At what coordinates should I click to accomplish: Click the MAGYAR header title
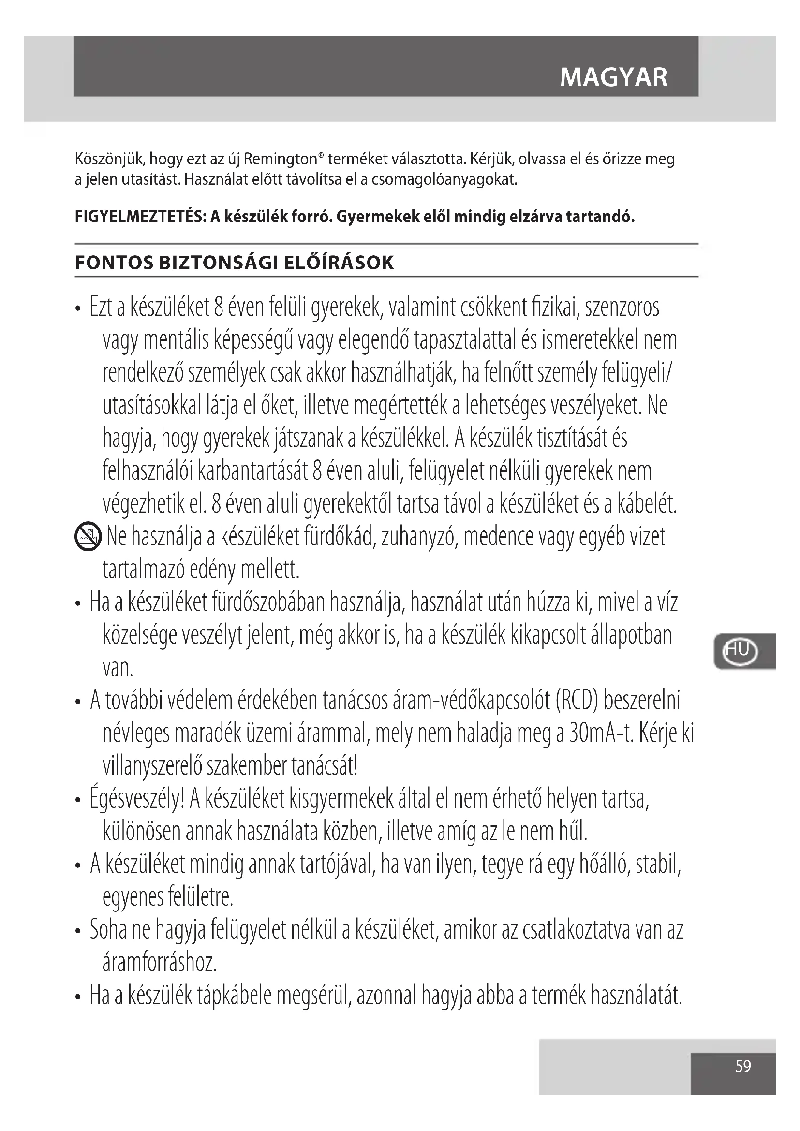614,77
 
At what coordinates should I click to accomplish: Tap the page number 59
743,1066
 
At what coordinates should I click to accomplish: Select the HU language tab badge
739,651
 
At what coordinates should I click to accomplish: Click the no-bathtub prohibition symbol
88,537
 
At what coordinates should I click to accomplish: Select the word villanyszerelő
152,766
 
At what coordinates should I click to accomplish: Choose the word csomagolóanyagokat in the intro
444,179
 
